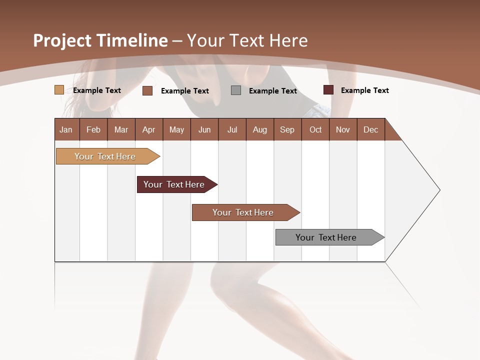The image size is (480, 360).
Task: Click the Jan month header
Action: click(66, 129)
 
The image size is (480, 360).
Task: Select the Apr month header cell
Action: click(149, 129)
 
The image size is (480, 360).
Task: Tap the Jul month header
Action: click(232, 129)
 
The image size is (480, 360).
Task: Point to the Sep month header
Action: click(287, 129)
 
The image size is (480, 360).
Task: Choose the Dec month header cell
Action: click(370, 129)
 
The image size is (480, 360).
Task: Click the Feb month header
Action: click(93, 129)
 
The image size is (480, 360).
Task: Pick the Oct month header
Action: click(315, 129)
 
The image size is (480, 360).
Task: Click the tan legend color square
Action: click(59, 90)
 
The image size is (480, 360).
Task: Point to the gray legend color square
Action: click(236, 90)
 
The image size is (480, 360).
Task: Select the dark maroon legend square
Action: click(328, 90)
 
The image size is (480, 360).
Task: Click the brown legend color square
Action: click(147, 90)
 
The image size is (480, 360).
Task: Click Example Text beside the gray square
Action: click(272, 91)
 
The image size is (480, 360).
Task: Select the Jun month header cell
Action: click(204, 129)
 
